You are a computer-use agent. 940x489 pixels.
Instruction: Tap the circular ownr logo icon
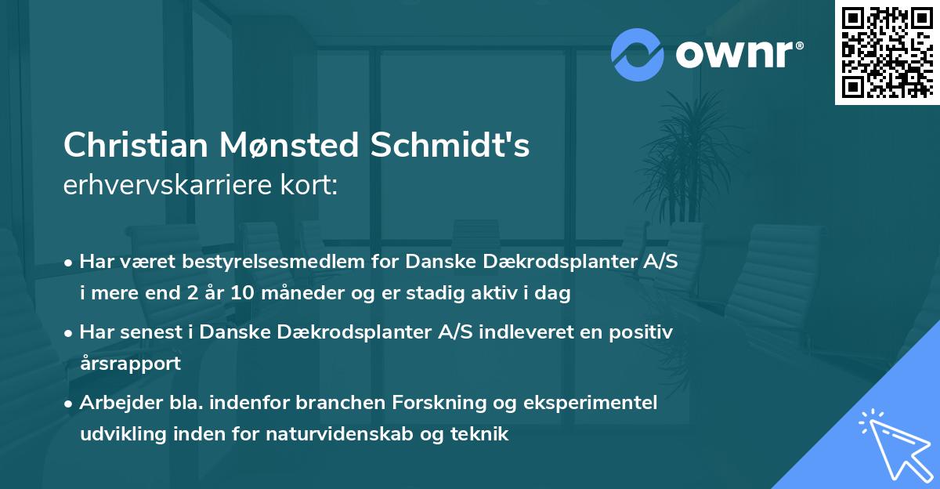(x=638, y=54)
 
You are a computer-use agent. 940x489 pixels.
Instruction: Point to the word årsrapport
(x=130, y=364)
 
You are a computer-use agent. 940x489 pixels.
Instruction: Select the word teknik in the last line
(x=482, y=433)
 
